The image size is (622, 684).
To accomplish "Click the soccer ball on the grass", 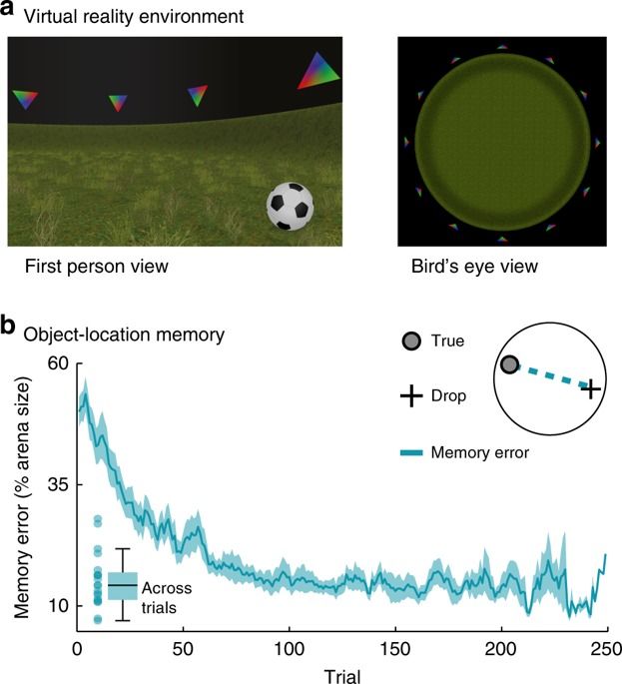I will (x=291, y=207).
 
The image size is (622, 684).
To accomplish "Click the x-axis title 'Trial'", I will (x=342, y=675).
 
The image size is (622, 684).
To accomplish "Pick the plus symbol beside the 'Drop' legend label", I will (x=409, y=396).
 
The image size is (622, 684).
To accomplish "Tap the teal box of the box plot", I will (x=122, y=585).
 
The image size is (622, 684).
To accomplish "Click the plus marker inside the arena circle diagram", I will (x=591, y=388).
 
